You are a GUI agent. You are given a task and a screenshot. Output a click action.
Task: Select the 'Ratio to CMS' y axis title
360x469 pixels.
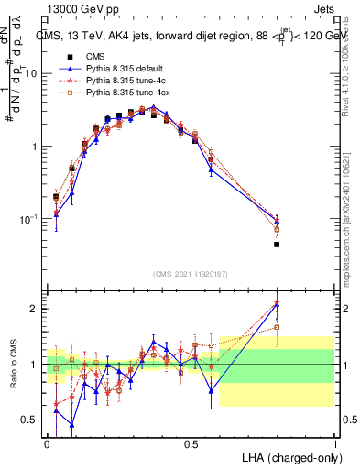[12, 363]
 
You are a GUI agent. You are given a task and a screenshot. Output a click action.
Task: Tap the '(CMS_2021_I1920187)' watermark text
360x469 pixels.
[191, 272]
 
